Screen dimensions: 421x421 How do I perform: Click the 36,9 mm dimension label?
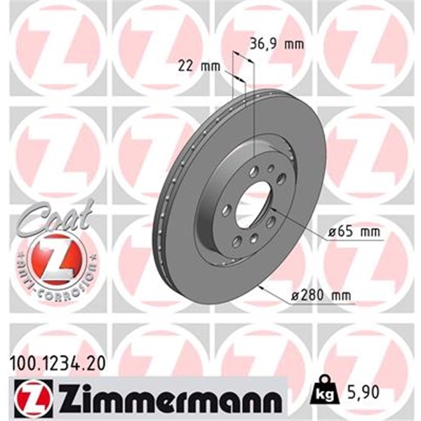276,45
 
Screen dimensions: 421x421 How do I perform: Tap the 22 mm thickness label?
196,67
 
